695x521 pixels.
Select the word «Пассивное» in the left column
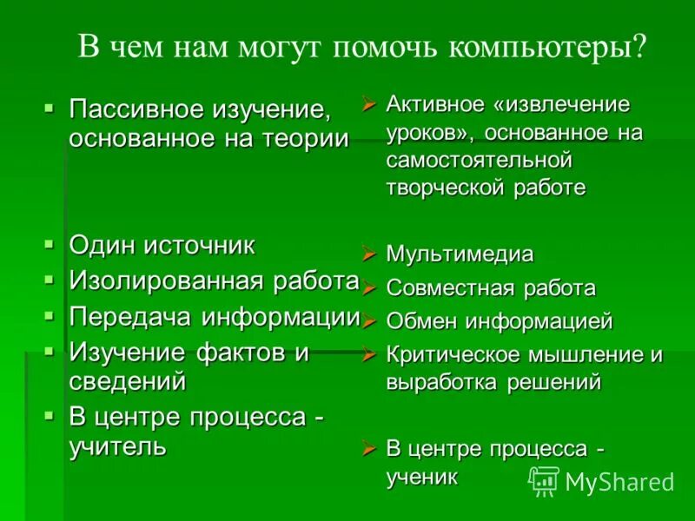point(135,111)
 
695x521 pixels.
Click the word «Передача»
point(131,317)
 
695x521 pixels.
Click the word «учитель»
point(117,446)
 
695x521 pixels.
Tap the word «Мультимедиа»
point(460,255)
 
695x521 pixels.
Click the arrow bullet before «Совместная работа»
point(368,288)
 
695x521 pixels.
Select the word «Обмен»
point(422,322)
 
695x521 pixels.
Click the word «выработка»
point(440,382)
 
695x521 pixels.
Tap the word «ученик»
point(421,476)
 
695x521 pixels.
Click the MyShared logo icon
point(544,480)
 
